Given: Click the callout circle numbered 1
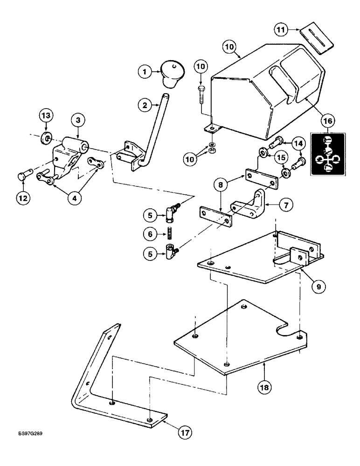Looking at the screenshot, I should coord(145,72).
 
